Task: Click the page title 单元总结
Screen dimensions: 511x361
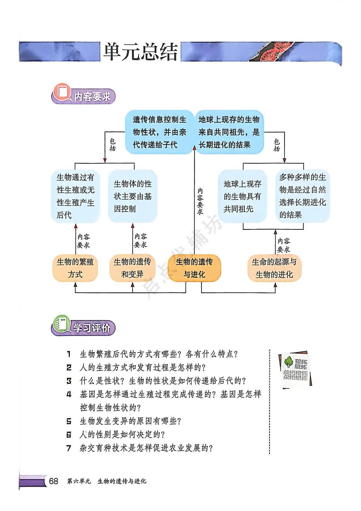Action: (x=140, y=52)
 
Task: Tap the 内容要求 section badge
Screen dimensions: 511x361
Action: (x=83, y=96)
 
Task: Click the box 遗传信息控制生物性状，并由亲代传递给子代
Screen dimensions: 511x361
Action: (x=159, y=132)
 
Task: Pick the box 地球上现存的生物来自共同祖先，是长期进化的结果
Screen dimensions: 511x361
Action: (x=229, y=132)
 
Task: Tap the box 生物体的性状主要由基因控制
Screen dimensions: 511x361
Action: (x=133, y=196)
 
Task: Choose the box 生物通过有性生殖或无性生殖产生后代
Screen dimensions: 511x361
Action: (x=75, y=196)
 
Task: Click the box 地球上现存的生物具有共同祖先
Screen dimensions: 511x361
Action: (x=242, y=196)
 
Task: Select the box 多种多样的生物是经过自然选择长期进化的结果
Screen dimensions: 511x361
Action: (x=302, y=196)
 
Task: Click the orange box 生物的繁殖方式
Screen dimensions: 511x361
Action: (x=75, y=268)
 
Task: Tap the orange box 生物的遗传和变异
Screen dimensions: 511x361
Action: (x=132, y=268)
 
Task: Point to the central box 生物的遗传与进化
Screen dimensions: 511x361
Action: (x=194, y=268)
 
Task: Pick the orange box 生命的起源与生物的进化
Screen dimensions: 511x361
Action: (x=274, y=268)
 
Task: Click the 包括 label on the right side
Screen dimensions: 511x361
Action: (x=277, y=145)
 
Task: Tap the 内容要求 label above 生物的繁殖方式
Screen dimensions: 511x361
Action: (x=83, y=241)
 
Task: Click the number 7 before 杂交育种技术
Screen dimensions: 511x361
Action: (x=69, y=448)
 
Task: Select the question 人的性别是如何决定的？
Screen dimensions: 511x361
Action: (x=122, y=435)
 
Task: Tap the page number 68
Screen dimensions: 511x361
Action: (x=53, y=481)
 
